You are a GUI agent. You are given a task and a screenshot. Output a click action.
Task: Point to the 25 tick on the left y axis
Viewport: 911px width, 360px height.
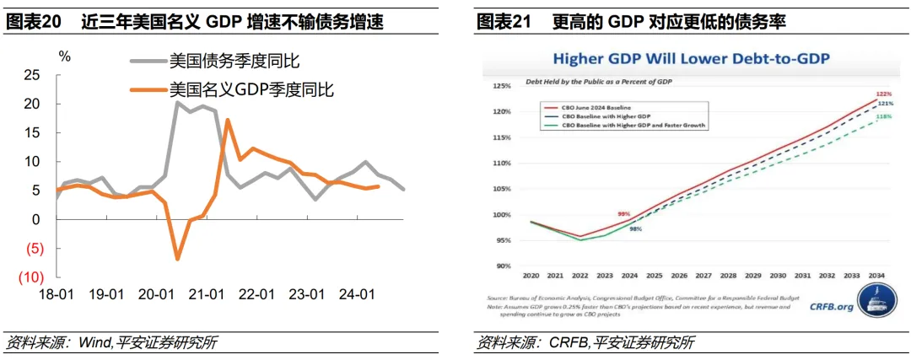(x=30, y=75)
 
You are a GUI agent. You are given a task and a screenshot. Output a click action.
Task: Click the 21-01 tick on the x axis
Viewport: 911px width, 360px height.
(x=206, y=294)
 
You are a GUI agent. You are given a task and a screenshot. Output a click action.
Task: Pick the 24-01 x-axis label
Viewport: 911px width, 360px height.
(x=356, y=294)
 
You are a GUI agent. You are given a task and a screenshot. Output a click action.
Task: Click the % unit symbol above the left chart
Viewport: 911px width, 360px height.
(x=65, y=57)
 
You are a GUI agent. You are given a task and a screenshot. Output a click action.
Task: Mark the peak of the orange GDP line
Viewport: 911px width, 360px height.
(x=229, y=120)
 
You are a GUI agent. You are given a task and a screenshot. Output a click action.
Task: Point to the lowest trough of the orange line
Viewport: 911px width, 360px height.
(x=178, y=258)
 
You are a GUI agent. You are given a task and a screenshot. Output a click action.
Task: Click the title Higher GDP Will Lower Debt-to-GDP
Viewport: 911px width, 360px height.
(x=691, y=59)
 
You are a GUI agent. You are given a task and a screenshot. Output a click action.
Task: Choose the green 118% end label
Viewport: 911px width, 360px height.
(x=885, y=116)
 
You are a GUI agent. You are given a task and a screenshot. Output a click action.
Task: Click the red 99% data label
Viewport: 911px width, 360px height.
(x=625, y=214)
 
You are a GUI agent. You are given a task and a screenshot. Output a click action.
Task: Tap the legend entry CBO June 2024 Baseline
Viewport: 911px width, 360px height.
(x=598, y=107)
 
